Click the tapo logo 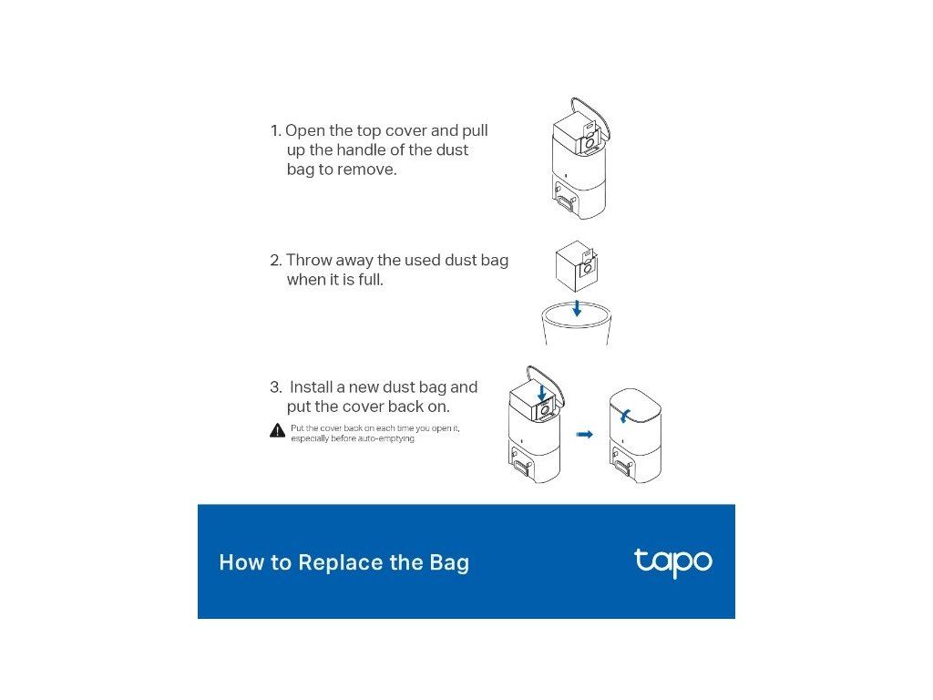click(673, 561)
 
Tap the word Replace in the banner click(341, 562)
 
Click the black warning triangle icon click(277, 430)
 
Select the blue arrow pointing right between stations click(585, 435)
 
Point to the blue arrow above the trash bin click(577, 308)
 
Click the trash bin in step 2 click(576, 324)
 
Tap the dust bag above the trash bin click(576, 266)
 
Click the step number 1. click(274, 131)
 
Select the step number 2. click(275, 260)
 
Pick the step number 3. click(275, 387)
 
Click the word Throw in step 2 click(308, 260)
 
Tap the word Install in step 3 click(311, 387)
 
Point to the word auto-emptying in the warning click(386, 438)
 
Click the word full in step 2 click(371, 279)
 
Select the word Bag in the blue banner click(449, 563)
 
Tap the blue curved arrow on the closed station click(623, 415)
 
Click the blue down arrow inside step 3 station click(542, 392)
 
